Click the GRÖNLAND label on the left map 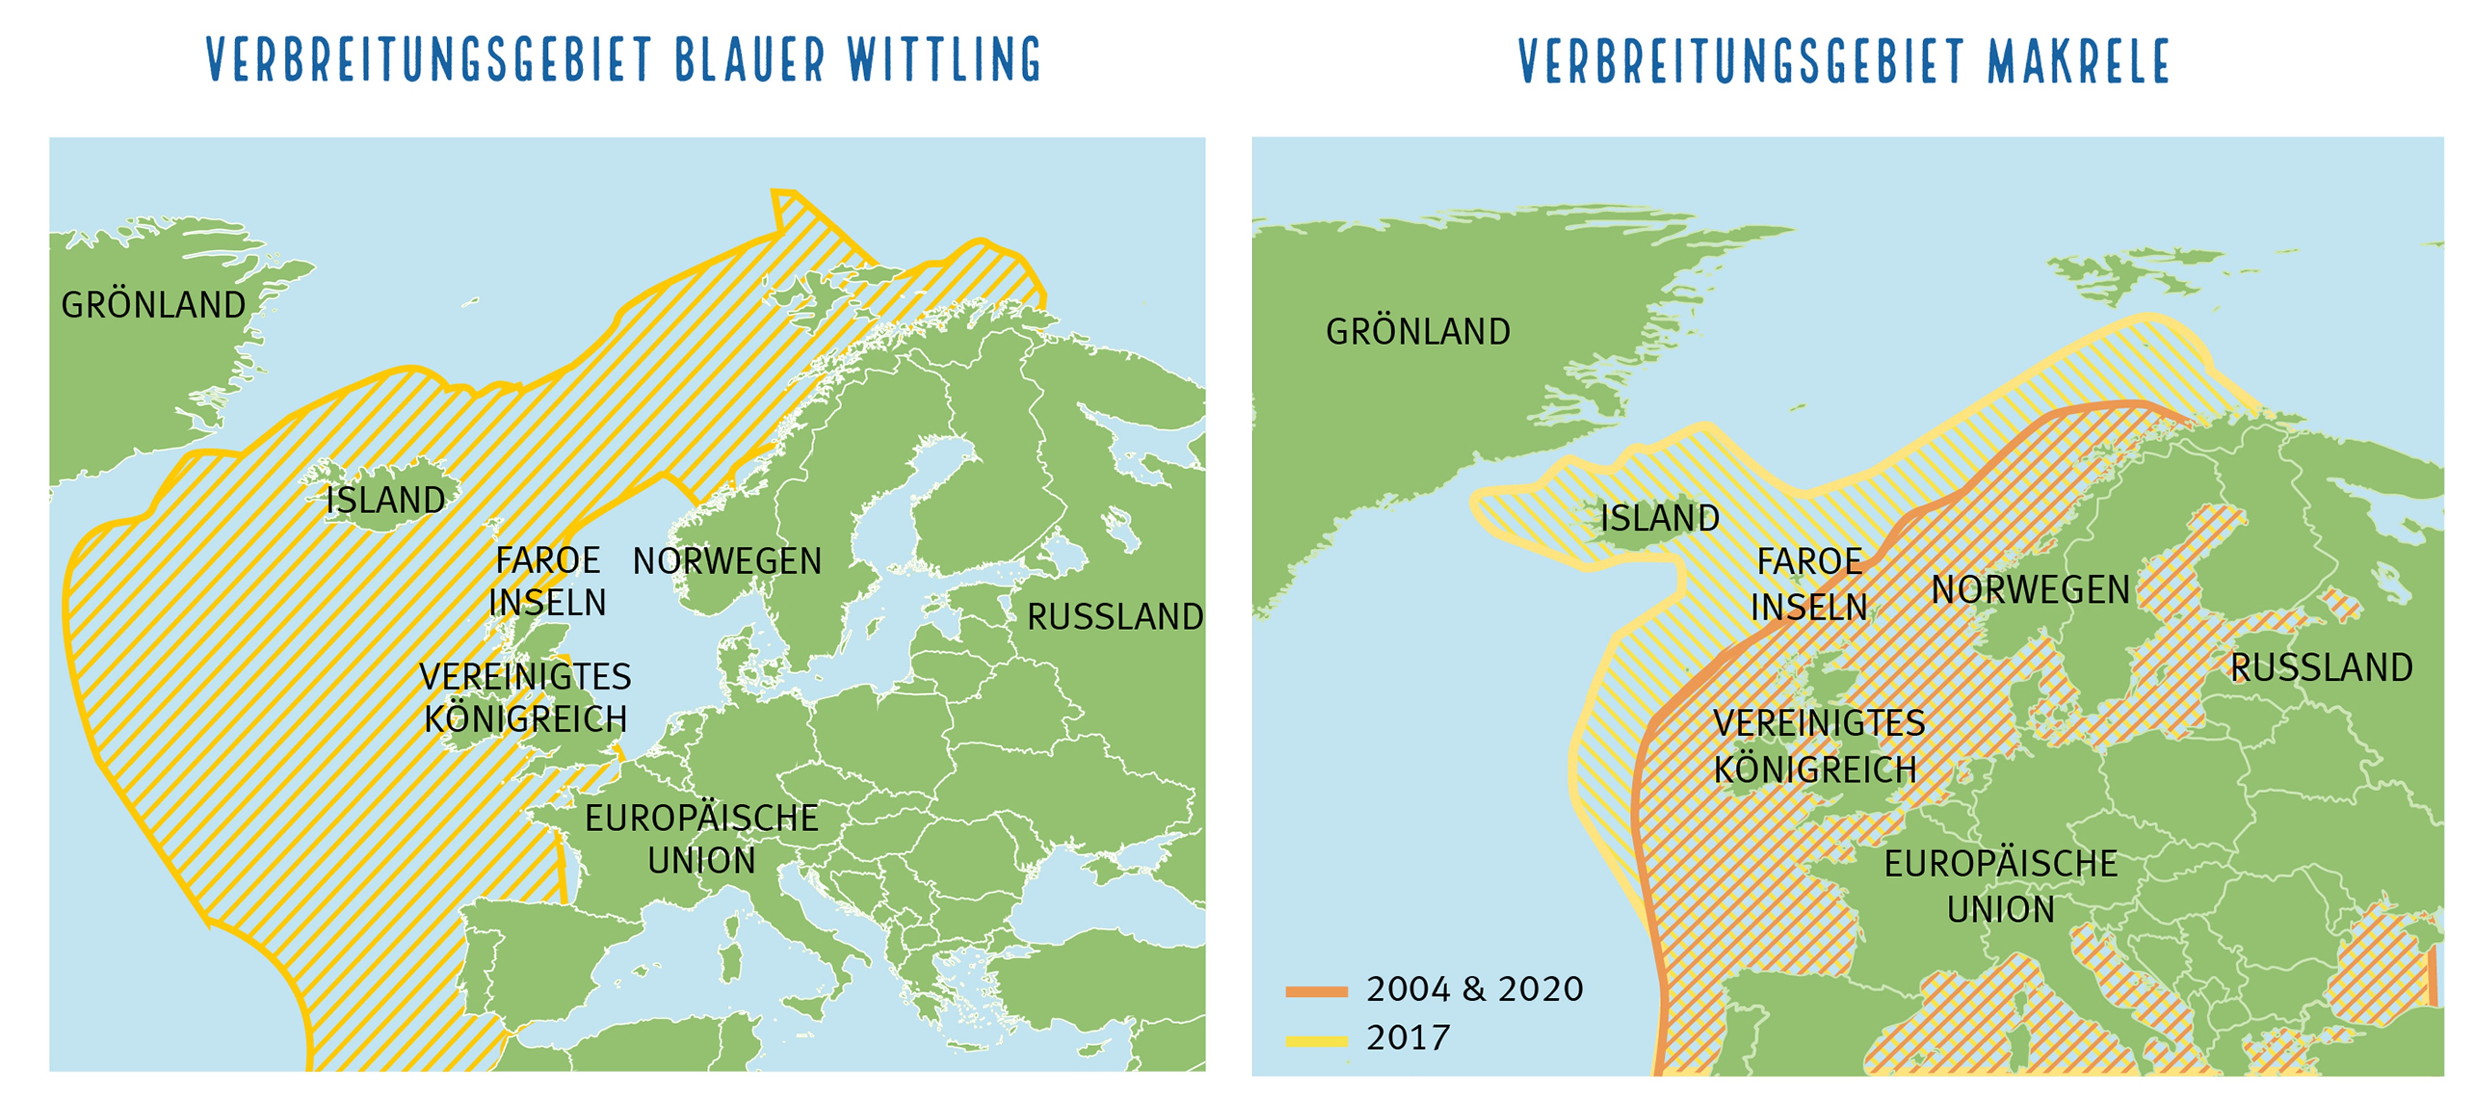pyautogui.click(x=154, y=305)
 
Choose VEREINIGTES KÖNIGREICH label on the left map pyautogui.click(x=525, y=698)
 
